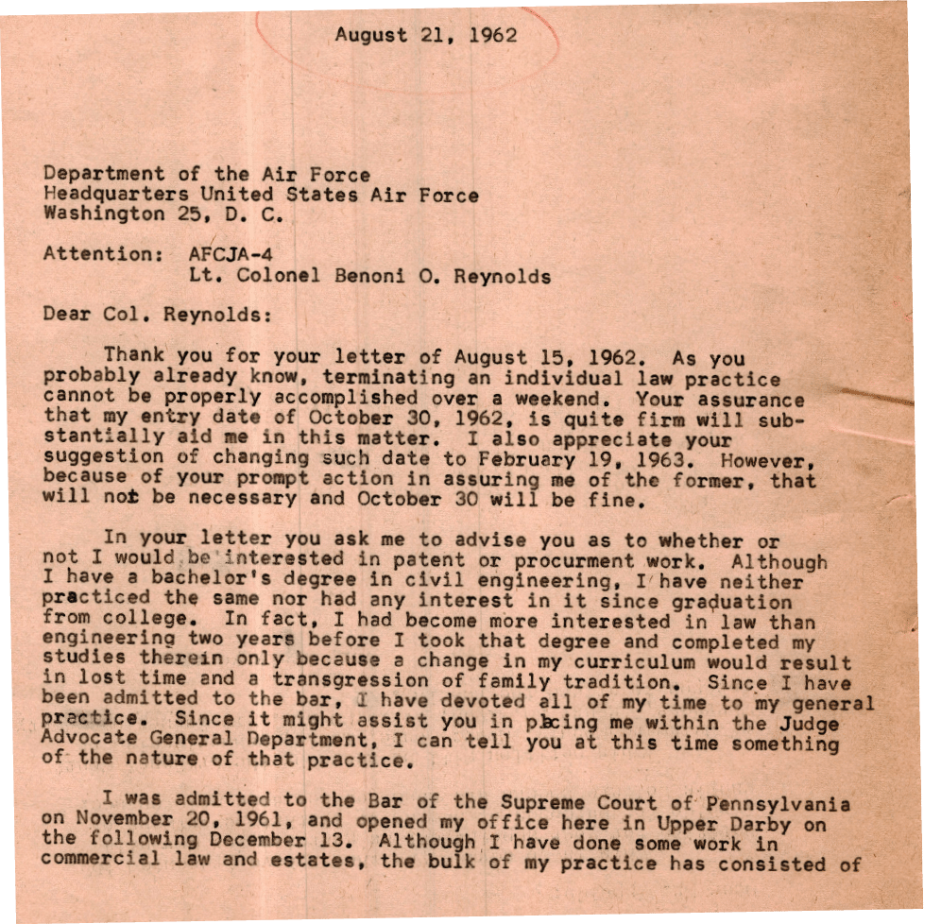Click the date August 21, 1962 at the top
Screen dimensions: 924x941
[x=426, y=36]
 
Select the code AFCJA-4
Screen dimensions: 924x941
[x=226, y=254]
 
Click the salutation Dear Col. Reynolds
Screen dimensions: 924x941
[x=157, y=315]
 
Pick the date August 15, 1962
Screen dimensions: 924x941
[x=537, y=357]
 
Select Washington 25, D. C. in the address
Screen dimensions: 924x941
[x=163, y=215]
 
